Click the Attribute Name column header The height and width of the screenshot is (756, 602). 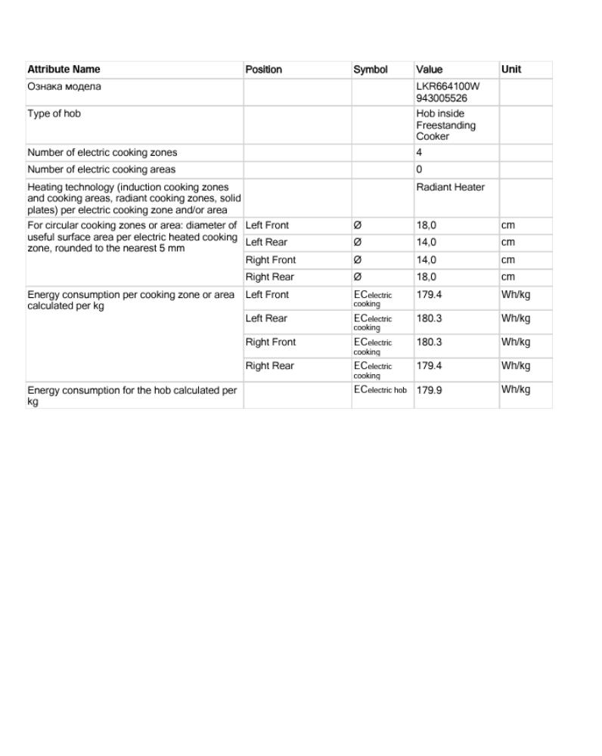click(x=64, y=70)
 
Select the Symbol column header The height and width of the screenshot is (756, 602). click(x=371, y=70)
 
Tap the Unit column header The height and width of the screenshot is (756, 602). click(x=511, y=70)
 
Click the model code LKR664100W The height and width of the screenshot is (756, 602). click(x=448, y=86)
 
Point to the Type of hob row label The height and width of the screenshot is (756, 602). click(x=54, y=114)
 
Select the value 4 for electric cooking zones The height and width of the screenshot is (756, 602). click(x=419, y=153)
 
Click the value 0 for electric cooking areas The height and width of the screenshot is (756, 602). click(x=419, y=169)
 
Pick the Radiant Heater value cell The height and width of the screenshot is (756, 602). click(x=450, y=187)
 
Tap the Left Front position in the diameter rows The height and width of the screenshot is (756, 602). click(x=267, y=225)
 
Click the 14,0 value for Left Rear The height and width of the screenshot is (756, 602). click(x=427, y=243)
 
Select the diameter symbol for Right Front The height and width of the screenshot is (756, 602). click(x=358, y=260)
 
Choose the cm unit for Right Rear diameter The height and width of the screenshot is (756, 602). click(x=507, y=277)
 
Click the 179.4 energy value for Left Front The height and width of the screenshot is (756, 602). click(x=429, y=295)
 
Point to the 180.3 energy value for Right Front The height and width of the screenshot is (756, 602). click(x=429, y=342)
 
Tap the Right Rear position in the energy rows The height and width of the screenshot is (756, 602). click(x=269, y=366)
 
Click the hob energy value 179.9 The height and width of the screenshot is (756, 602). click(x=429, y=390)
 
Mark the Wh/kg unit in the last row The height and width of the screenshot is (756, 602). click(x=516, y=390)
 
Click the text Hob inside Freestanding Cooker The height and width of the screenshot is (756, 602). click(x=445, y=125)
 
